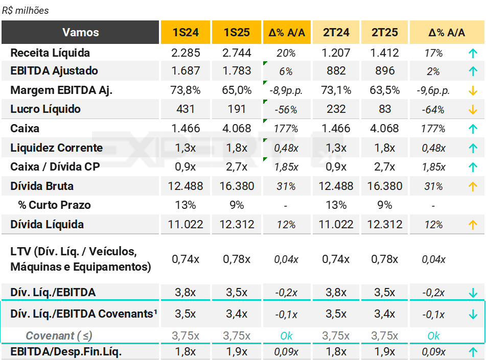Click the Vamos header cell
[80, 32]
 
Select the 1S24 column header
[186, 32]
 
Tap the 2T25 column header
[385, 32]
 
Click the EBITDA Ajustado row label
[54, 71]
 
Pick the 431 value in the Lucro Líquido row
[186, 109]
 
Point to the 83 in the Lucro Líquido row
[385, 109]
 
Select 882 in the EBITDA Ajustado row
[336, 71]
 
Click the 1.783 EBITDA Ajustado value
[237, 71]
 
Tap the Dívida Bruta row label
[42, 186]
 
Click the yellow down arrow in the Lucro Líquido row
[473, 109]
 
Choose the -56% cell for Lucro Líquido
[286, 110]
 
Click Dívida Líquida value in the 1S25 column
[237, 225]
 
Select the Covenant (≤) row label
[59, 336]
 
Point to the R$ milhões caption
[26, 10]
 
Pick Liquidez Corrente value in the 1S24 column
[186, 148]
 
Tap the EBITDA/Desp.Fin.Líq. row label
[66, 352]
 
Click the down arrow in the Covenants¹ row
[473, 315]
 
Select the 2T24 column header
[336, 32]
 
